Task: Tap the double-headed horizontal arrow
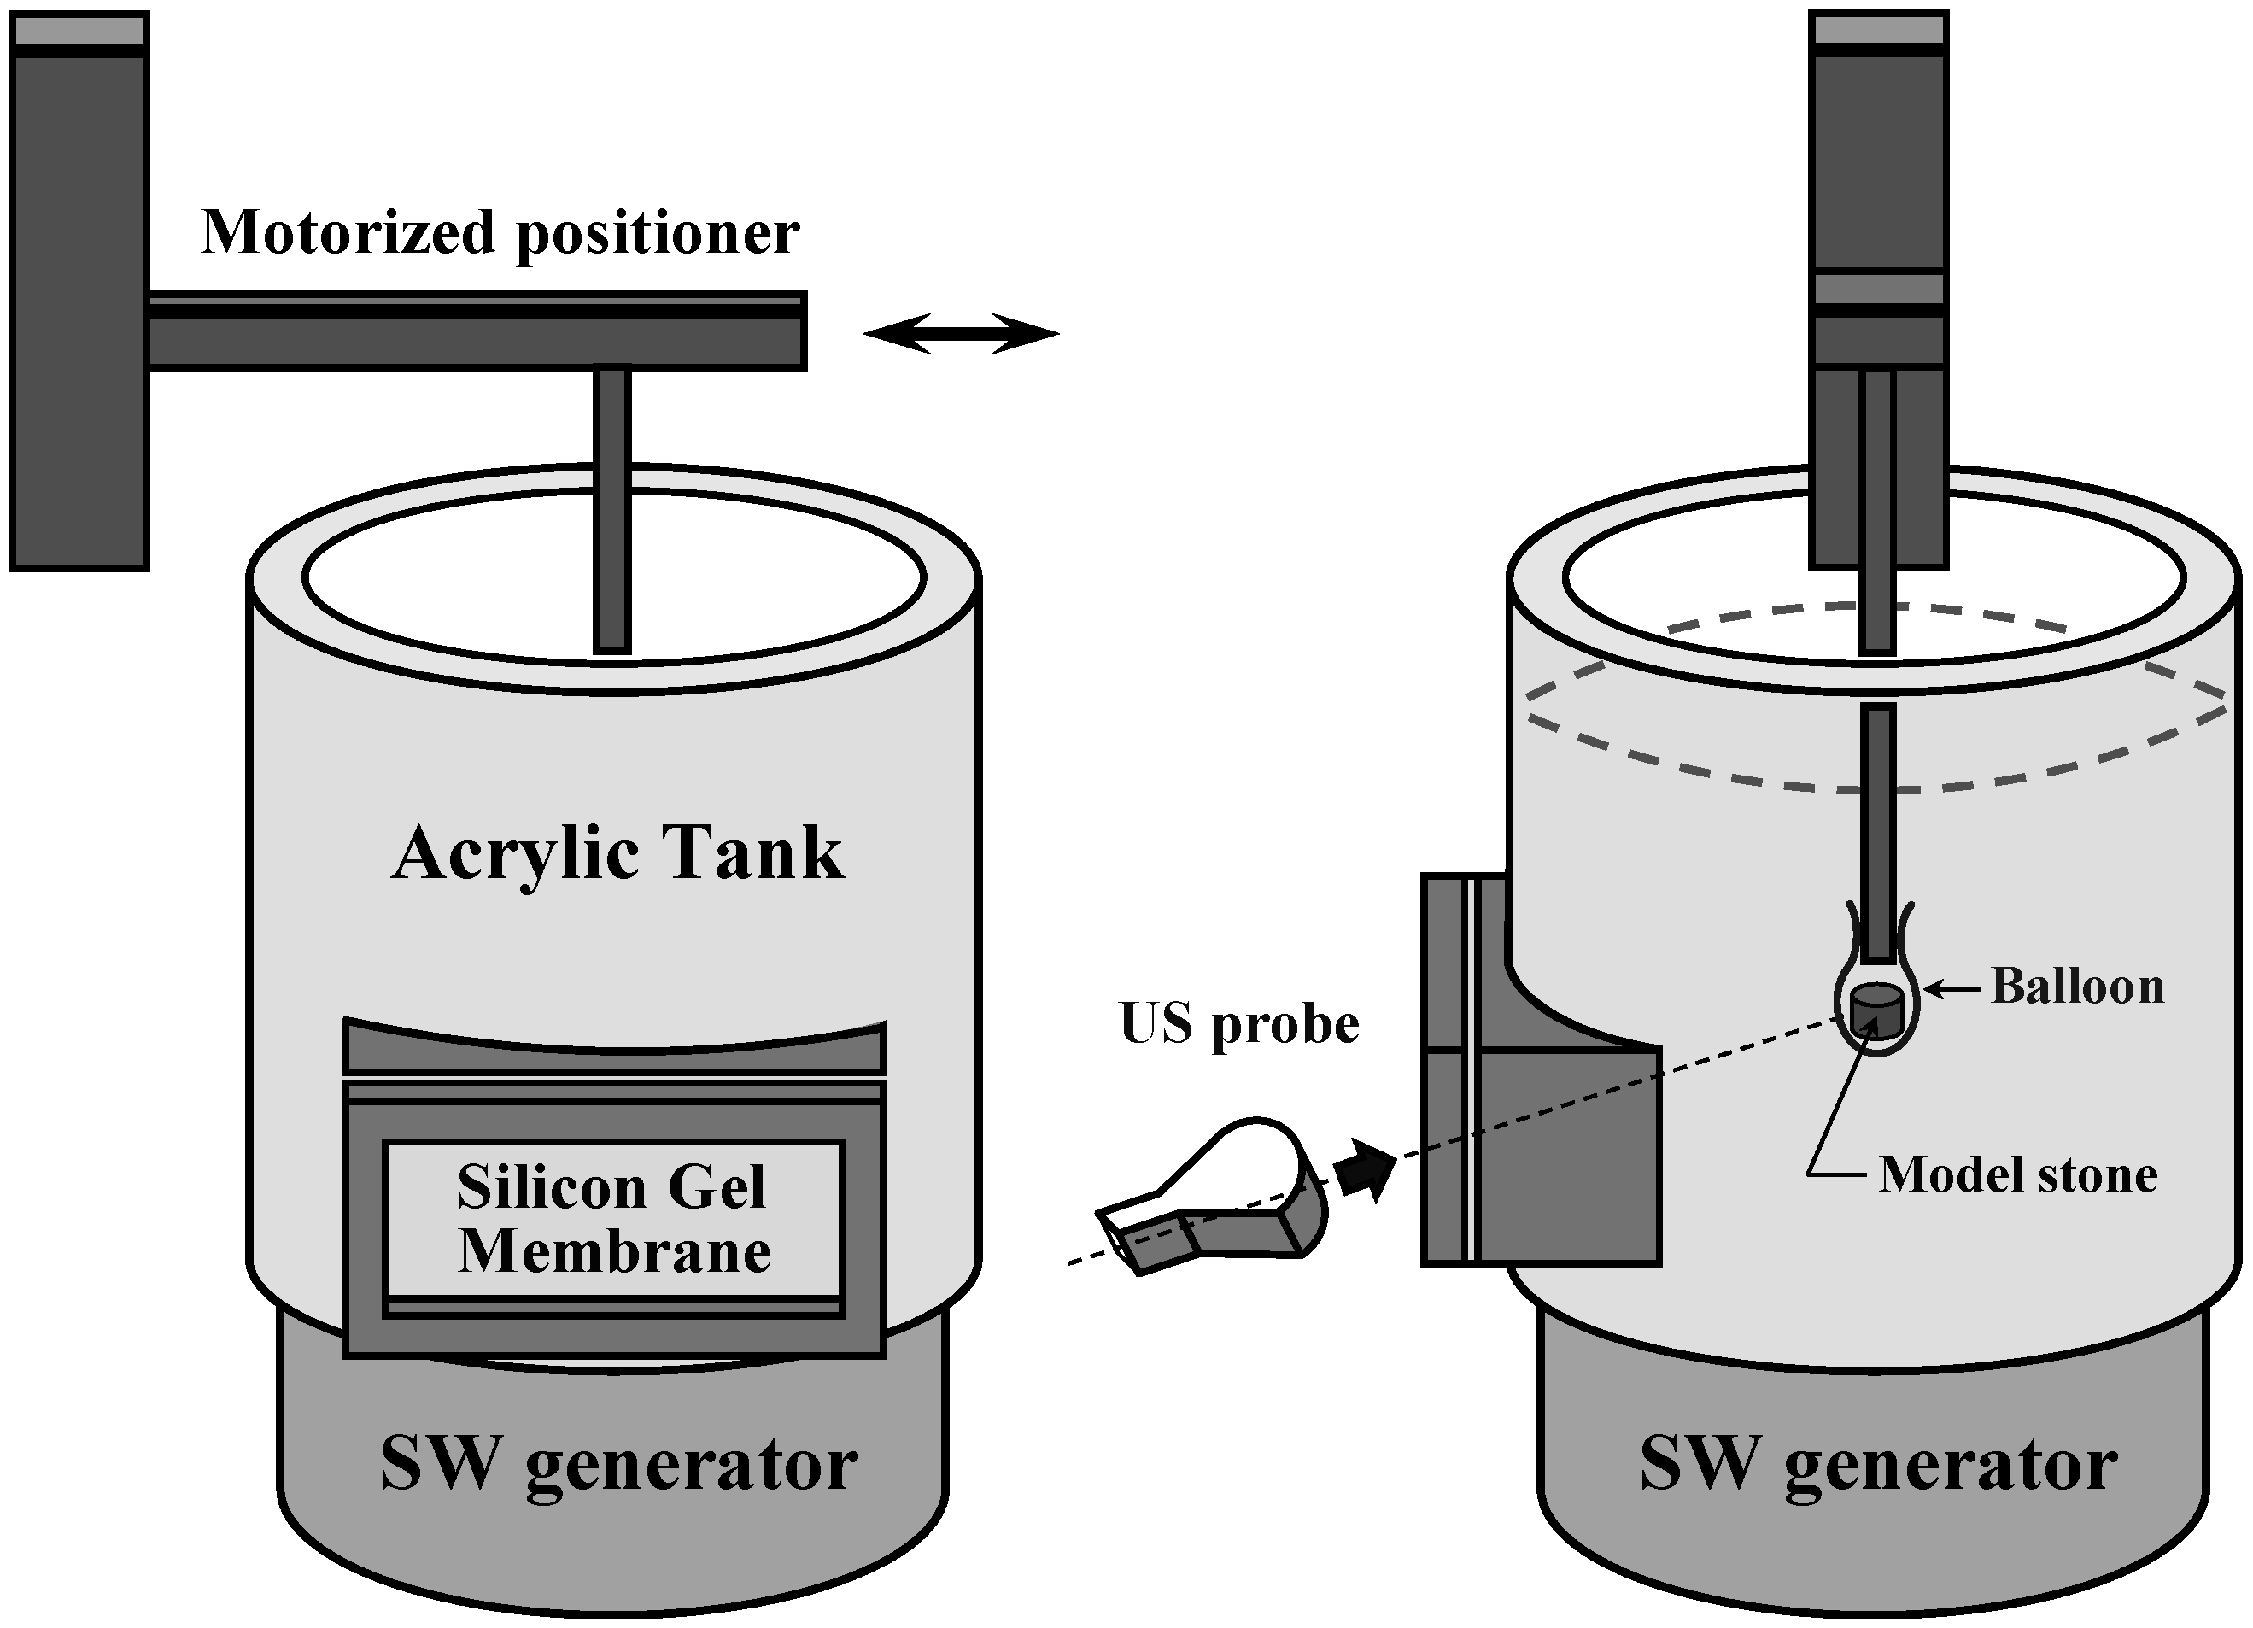pyautogui.click(x=961, y=334)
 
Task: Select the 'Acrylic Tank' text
pyautogui.click(x=617, y=855)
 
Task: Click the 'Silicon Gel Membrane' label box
pyautogui.click(x=614, y=1221)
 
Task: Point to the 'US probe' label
pyautogui.click(x=1238, y=1025)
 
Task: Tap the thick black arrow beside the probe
pyautogui.click(x=1366, y=1171)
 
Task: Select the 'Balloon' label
pyautogui.click(x=2077, y=987)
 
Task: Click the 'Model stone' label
pyautogui.click(x=2018, y=1175)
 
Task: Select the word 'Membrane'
pyautogui.click(x=614, y=1251)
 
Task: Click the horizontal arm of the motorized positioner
pyautogui.click(x=477, y=331)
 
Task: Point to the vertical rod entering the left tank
pyautogui.click(x=612, y=512)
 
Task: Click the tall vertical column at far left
pyautogui.click(x=79, y=291)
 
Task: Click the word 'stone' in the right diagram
pyautogui.click(x=2097, y=1175)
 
